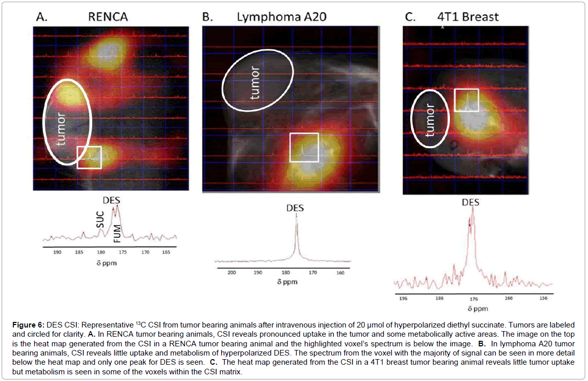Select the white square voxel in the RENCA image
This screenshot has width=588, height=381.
pyautogui.click(x=89, y=157)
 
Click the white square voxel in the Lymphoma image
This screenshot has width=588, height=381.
pyautogui.click(x=304, y=148)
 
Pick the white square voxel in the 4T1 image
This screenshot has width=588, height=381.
pyautogui.click(x=466, y=100)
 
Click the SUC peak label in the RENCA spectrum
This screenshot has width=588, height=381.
pyautogui.click(x=100, y=220)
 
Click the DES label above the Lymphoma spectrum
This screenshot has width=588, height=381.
pyautogui.click(x=296, y=208)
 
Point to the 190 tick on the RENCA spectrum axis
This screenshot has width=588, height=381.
pyautogui.click(x=57, y=252)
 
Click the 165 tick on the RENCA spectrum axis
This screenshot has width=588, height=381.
pyautogui.click(x=167, y=252)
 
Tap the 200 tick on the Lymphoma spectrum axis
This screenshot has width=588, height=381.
pyautogui.click(x=232, y=273)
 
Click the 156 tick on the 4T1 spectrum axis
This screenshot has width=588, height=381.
pyautogui.click(x=544, y=300)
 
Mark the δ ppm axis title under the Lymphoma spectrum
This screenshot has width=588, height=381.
pyautogui.click(x=288, y=282)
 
